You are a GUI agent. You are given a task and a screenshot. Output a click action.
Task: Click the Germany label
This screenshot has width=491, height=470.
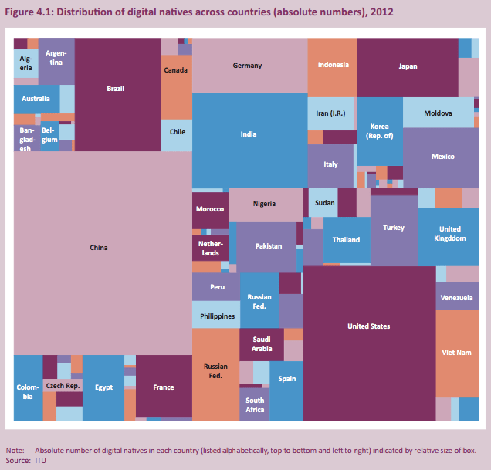247,66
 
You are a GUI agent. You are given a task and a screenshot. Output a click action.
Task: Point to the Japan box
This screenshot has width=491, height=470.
407,66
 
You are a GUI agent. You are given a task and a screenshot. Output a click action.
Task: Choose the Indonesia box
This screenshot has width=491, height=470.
332,66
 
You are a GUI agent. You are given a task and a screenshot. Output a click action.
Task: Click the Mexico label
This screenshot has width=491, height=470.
442,157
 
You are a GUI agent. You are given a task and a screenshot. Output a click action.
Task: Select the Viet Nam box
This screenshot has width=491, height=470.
457,353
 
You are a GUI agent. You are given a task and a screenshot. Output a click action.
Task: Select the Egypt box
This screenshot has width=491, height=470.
103,387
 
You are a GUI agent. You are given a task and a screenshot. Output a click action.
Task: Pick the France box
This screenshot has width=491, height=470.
164,387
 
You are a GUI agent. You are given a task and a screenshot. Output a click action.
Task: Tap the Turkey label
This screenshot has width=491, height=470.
393,228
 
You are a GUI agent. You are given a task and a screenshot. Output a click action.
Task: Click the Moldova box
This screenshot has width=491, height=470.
438,113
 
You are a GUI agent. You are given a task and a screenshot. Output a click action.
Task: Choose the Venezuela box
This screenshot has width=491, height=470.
457,297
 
